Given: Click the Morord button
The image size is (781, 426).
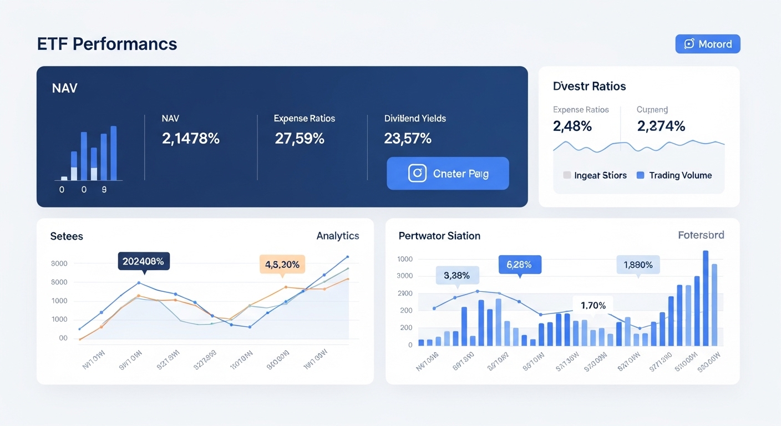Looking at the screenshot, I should click(707, 44).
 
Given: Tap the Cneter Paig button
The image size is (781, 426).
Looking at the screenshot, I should click(448, 174).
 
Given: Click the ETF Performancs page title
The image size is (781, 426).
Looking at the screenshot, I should click(107, 44).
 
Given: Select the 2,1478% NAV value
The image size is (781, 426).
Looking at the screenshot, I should click(191, 138).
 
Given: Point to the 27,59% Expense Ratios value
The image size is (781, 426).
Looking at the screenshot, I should click(300, 138).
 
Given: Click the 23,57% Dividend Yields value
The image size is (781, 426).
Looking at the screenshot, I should click(408, 138).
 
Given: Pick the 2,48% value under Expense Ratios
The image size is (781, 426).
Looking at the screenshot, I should click(572, 126).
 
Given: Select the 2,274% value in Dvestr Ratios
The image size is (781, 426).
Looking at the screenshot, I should click(661, 126).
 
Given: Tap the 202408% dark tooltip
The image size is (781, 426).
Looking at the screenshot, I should click(144, 261).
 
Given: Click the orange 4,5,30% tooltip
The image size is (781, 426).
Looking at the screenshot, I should click(282, 264).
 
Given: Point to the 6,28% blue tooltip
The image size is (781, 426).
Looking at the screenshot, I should click(519, 264).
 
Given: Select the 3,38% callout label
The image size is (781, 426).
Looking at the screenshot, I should click(457, 275).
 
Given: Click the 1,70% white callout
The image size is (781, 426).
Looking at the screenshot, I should click(593, 305).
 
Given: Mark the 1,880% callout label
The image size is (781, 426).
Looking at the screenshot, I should click(638, 265).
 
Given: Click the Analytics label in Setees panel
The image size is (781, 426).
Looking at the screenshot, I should click(338, 236).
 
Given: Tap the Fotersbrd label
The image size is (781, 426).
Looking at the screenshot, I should click(701, 235).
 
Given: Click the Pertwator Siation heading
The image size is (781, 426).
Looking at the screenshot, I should click(439, 236).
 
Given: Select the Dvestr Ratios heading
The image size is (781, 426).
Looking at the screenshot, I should click(589, 86).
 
